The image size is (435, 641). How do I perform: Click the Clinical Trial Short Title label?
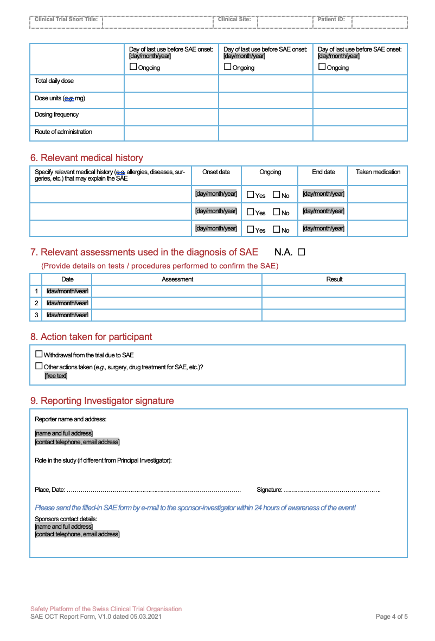[x=66, y=20]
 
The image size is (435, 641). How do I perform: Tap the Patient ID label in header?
[x=331, y=20]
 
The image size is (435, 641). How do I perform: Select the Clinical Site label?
[x=234, y=20]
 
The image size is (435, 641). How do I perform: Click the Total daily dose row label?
[x=54, y=81]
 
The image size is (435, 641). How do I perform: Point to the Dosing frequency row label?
[x=56, y=114]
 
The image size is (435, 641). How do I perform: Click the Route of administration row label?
[x=63, y=132]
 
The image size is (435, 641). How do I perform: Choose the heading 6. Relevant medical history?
[x=86, y=158]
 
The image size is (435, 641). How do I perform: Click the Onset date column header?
[x=216, y=172]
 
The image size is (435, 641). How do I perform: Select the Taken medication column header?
[x=378, y=172]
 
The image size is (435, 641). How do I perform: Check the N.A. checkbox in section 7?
[x=302, y=252]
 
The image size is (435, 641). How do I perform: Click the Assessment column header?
[x=177, y=279]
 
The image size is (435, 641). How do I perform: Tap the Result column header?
[x=334, y=279]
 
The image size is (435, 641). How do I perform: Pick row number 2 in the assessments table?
[x=36, y=303]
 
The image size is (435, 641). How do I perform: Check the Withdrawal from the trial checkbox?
[x=39, y=354]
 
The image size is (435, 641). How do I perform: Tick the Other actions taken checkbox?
[x=39, y=366]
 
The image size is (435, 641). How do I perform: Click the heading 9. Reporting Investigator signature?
[x=102, y=401]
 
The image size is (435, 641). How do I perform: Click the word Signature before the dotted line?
[x=269, y=490]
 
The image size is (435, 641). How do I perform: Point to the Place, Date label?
[x=50, y=490]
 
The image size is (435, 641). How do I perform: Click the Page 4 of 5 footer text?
[x=392, y=617]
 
